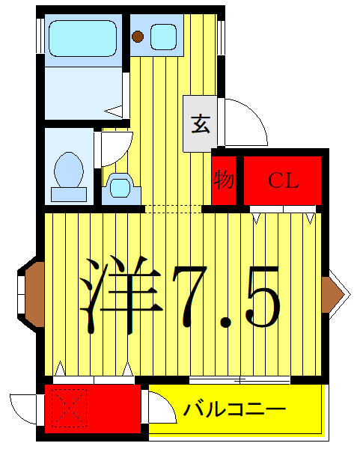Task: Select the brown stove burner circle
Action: [x=138, y=35]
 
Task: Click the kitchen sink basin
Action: [x=163, y=36]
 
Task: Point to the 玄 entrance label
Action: [x=201, y=123]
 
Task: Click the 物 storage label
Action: [x=224, y=180]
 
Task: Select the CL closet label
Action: [x=284, y=180]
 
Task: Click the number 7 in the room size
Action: [x=195, y=296]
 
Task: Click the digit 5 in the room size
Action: [x=261, y=296]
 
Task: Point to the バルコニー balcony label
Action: [x=235, y=410]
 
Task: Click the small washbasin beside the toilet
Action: [x=120, y=186]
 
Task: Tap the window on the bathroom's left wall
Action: [x=39, y=34]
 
